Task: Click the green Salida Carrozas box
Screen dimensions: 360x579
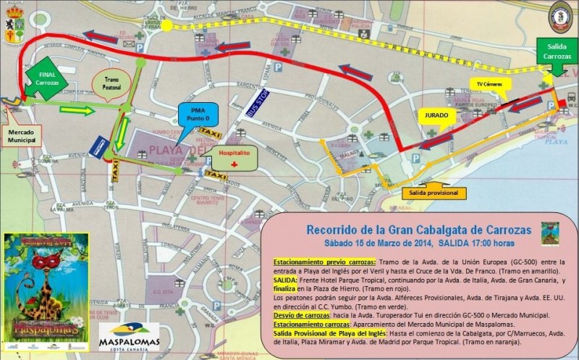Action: click(x=557, y=51)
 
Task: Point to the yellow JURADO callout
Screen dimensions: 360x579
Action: click(x=437, y=115)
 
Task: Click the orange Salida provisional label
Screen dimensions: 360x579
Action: click(x=434, y=193)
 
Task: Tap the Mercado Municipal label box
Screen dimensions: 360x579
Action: click(x=22, y=137)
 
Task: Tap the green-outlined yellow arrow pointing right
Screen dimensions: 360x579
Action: click(x=77, y=111)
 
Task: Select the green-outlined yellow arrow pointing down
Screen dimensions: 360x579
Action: click(x=124, y=133)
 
